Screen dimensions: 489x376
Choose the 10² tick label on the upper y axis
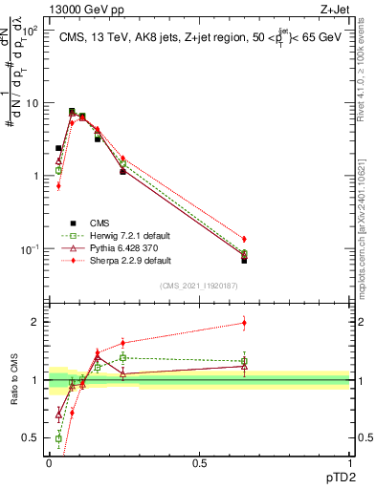tap(30, 31)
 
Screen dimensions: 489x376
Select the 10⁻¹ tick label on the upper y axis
tap(30, 249)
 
